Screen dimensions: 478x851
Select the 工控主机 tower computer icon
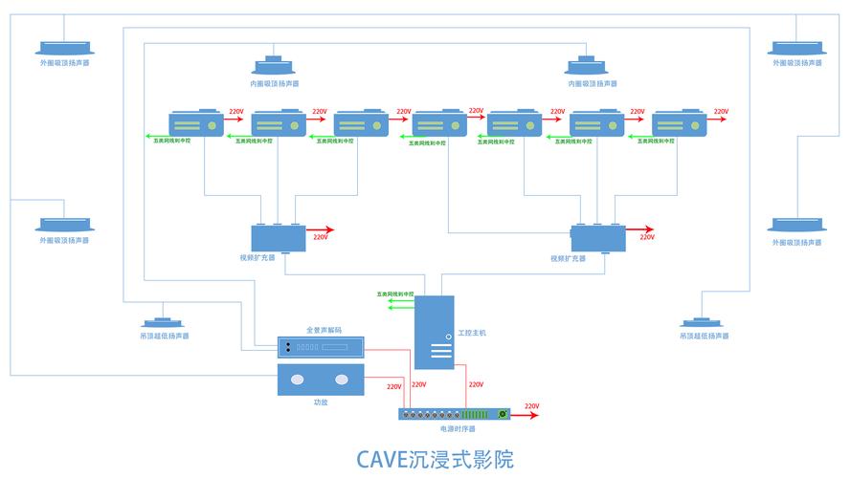435,332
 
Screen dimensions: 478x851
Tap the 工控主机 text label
472,333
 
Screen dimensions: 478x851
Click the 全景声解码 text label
323,330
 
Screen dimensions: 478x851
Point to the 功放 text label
321,402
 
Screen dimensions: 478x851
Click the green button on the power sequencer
502,415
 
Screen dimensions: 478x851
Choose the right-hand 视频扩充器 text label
568,258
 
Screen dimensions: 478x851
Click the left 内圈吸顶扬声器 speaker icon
275,65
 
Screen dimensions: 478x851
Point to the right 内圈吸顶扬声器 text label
592,83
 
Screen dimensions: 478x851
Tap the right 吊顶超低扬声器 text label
704,336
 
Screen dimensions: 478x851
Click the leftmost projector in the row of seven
195,123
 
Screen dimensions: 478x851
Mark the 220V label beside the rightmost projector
720,112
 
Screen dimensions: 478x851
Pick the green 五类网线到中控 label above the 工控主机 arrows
394,293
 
